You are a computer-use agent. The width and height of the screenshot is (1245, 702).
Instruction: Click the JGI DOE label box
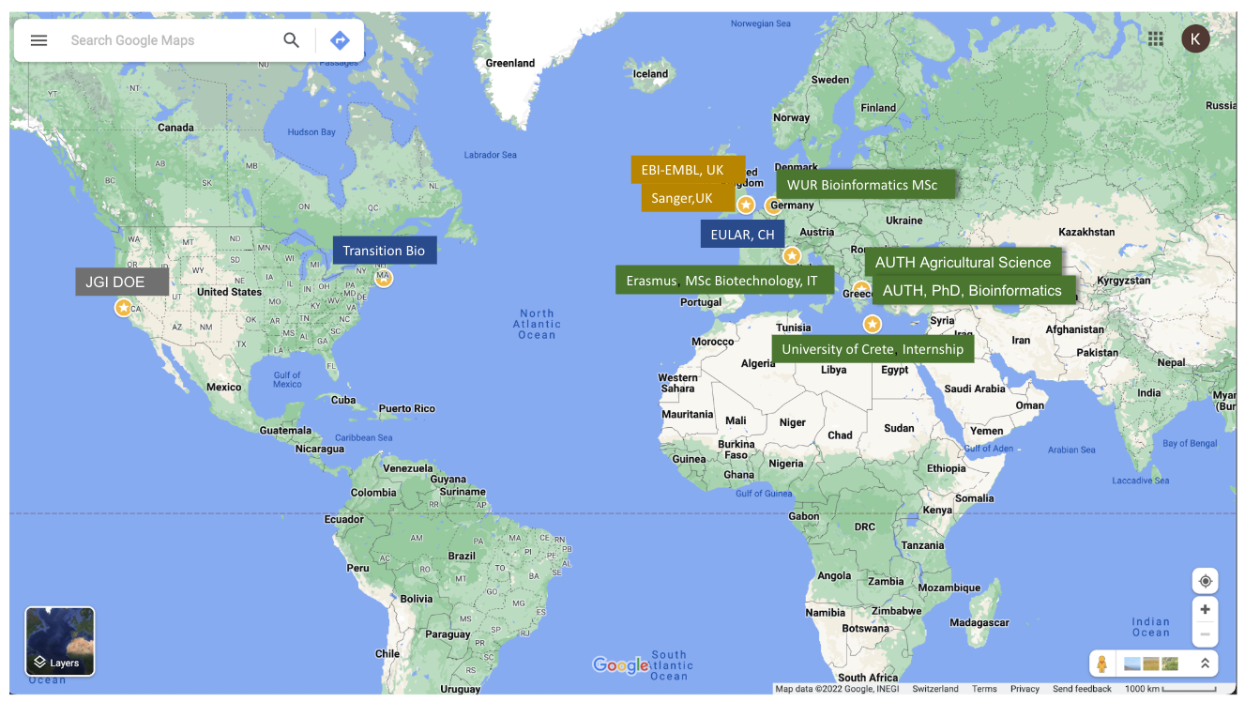tap(122, 282)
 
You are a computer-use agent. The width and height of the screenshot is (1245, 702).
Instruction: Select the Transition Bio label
tap(384, 251)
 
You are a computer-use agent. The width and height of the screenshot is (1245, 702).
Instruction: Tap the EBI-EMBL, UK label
tap(687, 170)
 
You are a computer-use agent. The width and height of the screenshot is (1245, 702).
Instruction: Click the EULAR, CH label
tap(742, 235)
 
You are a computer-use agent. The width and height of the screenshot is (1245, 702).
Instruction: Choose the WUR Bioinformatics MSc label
tap(864, 185)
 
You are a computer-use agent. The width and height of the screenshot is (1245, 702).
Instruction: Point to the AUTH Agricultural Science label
tap(963, 262)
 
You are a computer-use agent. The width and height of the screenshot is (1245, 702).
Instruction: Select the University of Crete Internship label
tap(873, 349)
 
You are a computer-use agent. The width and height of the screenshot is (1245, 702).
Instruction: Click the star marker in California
tap(123, 308)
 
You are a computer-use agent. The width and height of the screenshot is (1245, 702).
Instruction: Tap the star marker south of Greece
tap(873, 325)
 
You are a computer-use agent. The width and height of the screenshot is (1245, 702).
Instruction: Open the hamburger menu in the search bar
tap(38, 40)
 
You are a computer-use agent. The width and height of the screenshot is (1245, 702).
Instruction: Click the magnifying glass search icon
tap(292, 40)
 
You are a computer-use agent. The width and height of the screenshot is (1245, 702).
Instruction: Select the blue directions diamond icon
tap(340, 40)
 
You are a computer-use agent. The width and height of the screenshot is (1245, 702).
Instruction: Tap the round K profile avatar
tap(1194, 38)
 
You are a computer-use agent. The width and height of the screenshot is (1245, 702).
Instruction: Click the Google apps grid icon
tap(1156, 38)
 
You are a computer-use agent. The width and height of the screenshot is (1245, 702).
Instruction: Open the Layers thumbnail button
tap(60, 641)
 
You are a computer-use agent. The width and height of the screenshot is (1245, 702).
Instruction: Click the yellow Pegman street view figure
tap(1102, 664)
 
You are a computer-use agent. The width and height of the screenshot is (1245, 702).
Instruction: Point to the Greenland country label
tap(510, 64)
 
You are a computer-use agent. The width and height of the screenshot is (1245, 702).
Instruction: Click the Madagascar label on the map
tap(979, 622)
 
